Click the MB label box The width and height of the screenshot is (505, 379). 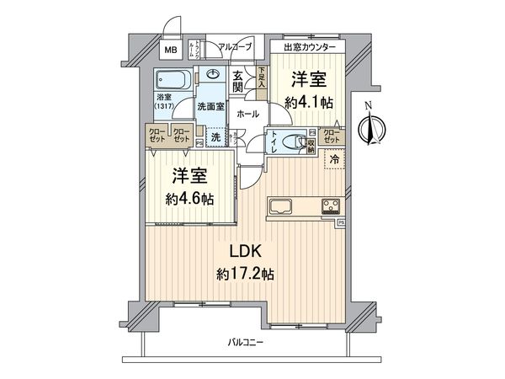coord(171,50)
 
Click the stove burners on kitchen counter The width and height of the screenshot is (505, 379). coord(329,206)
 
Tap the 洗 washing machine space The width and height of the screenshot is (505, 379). coord(216,137)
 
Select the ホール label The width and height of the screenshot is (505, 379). coord(247,113)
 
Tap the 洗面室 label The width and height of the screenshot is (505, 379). coord(210,107)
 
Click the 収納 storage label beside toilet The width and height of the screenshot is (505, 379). coord(311,143)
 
